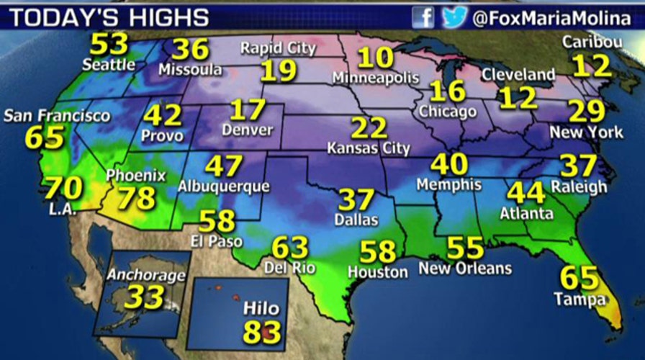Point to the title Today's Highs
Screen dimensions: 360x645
(109, 18)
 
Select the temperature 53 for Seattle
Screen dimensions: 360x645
(109, 45)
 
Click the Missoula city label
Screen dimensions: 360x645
(190, 71)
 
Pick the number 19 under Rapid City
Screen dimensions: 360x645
(277, 71)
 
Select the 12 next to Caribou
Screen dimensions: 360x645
(592, 66)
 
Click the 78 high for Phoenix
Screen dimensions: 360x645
(137, 197)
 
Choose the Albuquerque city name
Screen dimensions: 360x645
(223, 186)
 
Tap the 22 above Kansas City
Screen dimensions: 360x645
(369, 128)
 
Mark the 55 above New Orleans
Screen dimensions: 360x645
(465, 248)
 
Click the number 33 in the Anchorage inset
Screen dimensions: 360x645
(145, 297)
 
